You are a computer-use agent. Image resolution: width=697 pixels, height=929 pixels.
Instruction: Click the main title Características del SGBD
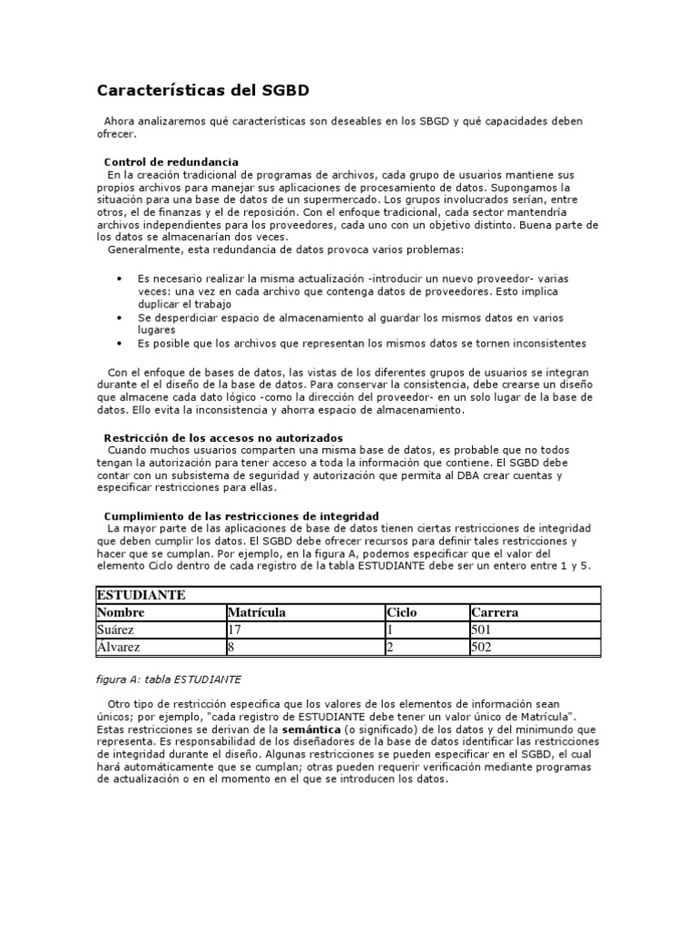coord(203,91)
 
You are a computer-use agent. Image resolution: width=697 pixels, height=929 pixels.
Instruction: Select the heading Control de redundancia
coord(172,161)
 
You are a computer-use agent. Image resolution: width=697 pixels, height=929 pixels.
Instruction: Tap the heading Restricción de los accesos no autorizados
coord(223,437)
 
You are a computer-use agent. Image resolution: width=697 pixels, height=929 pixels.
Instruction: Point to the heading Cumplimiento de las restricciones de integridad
coord(241,515)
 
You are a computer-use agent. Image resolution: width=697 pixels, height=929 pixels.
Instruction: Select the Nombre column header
coord(121,612)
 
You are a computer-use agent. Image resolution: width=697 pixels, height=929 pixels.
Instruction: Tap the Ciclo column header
coord(401,612)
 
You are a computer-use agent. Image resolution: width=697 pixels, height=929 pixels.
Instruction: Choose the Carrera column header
coord(495,612)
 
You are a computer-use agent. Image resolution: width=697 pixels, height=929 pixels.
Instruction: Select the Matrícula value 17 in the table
coord(234,631)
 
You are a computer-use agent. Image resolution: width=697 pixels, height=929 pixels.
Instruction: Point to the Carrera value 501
coord(481,631)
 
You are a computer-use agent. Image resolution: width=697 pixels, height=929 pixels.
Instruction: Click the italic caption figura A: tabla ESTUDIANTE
coord(169,679)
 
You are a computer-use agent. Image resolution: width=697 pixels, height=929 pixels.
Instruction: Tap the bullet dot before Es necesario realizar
coord(121,279)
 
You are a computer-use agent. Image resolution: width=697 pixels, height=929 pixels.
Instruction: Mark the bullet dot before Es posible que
coord(121,344)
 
